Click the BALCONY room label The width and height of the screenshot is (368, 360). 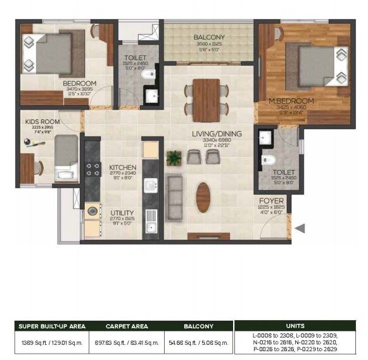click(208, 37)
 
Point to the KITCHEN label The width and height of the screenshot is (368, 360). click(123, 167)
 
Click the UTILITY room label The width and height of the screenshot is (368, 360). click(122, 214)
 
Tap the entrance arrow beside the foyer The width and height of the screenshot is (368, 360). click(301, 228)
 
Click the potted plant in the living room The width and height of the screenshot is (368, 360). click(173, 158)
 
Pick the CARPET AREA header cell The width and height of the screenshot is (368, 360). click(127, 326)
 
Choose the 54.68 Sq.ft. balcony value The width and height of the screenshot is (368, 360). click(199, 342)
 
